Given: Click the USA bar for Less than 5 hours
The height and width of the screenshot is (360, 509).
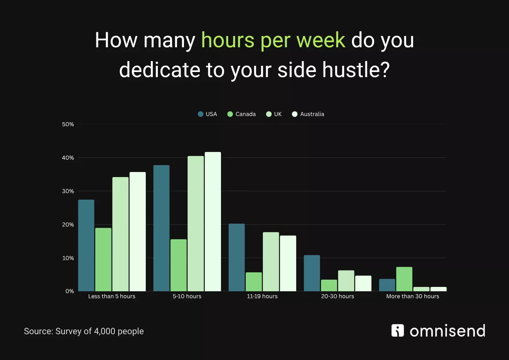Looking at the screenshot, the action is pos(86,245).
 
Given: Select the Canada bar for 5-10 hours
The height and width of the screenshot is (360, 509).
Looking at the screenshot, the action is pos(179,265).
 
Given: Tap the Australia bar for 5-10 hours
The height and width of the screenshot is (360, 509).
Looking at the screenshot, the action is pos(213,221).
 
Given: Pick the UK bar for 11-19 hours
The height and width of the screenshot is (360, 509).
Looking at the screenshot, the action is pos(271,261).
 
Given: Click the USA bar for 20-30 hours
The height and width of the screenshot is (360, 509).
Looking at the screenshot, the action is pos(312,273).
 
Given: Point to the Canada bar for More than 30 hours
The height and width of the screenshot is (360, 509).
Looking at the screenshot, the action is pos(404,279).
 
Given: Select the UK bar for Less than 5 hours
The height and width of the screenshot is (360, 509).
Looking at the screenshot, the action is pos(120,234).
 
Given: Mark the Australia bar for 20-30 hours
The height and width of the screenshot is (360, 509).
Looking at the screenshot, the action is pos(363,283).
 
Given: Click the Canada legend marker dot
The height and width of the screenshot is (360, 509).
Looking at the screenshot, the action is pos(230,114).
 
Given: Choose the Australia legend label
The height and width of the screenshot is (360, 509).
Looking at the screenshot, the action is pos(312,114).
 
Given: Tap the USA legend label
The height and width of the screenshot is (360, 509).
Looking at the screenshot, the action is pos(211,114).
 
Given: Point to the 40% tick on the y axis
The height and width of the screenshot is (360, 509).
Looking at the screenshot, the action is pos(68,158).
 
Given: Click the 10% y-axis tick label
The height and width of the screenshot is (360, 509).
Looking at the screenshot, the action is pos(68,258).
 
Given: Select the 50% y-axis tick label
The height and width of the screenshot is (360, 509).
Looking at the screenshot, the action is pos(68,124).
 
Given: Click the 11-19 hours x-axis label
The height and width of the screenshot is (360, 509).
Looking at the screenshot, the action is pos(262,296).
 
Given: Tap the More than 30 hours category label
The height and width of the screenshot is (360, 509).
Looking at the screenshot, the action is pos(413,296).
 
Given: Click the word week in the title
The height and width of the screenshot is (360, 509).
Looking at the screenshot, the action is pos(321,40).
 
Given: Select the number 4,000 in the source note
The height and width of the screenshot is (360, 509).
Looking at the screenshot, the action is pos(105,331).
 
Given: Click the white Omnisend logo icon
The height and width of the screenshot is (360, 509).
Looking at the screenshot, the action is pos(397,331).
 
